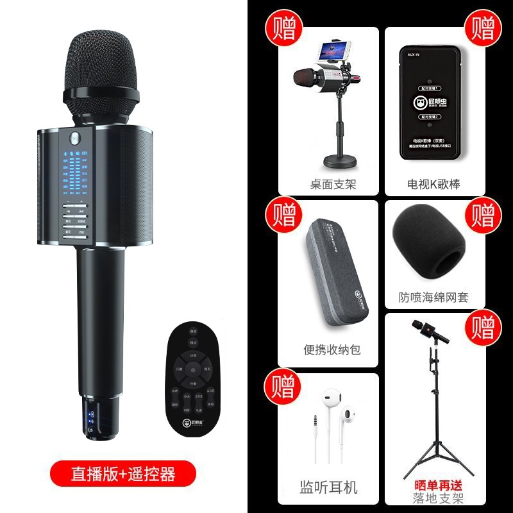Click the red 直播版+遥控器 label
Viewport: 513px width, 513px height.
pyautogui.click(x=114, y=474)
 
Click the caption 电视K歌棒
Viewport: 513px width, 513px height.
pyautogui.click(x=441, y=185)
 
